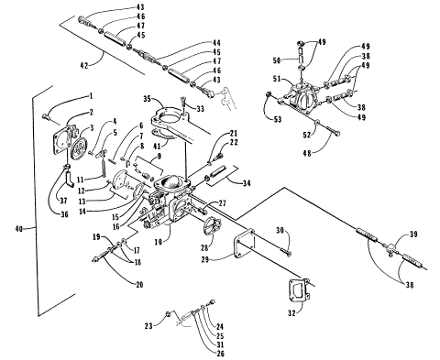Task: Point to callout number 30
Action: click(x=281, y=229)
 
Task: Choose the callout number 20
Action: click(x=140, y=284)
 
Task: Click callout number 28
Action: click(x=204, y=247)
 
